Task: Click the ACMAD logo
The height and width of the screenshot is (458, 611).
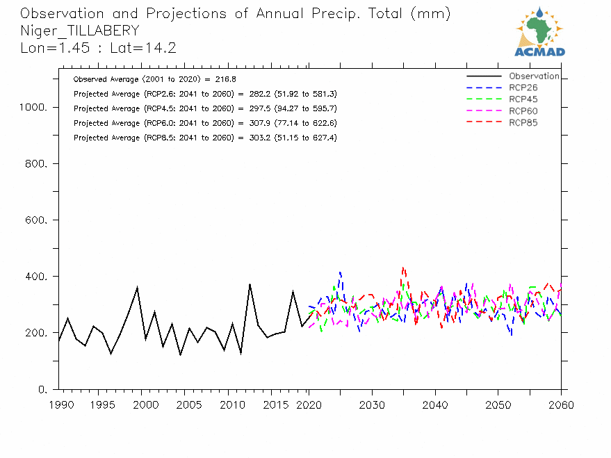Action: point(539,32)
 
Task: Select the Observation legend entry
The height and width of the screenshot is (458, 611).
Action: point(533,76)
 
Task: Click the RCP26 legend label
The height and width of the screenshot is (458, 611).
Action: point(523,88)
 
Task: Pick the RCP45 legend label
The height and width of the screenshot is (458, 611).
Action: point(523,99)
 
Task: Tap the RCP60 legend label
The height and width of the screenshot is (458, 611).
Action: point(523,111)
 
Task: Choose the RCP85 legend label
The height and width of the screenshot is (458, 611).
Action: point(523,123)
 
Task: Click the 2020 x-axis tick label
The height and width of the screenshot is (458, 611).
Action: point(309,404)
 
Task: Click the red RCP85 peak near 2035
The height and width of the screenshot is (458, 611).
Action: point(403,268)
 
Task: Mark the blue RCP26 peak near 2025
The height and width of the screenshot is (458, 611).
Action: point(340,272)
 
